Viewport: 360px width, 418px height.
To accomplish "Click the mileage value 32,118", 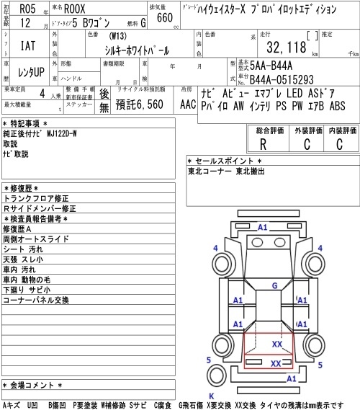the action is pos(287,47).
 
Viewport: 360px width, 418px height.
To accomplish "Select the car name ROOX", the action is pos(75,9).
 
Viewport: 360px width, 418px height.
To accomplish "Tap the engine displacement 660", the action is pos(165,17).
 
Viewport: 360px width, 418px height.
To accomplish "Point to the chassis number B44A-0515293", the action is pos(282,79).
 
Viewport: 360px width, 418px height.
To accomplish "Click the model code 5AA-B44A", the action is pos(271,66).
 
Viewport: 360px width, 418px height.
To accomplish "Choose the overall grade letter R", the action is pos(263,144).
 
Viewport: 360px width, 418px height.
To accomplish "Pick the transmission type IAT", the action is pos(28,45).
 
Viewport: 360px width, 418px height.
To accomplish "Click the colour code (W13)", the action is pos(117,36).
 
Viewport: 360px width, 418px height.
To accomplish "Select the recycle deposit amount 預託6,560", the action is pos(139,104).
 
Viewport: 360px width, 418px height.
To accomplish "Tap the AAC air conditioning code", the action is pos(188,104).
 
